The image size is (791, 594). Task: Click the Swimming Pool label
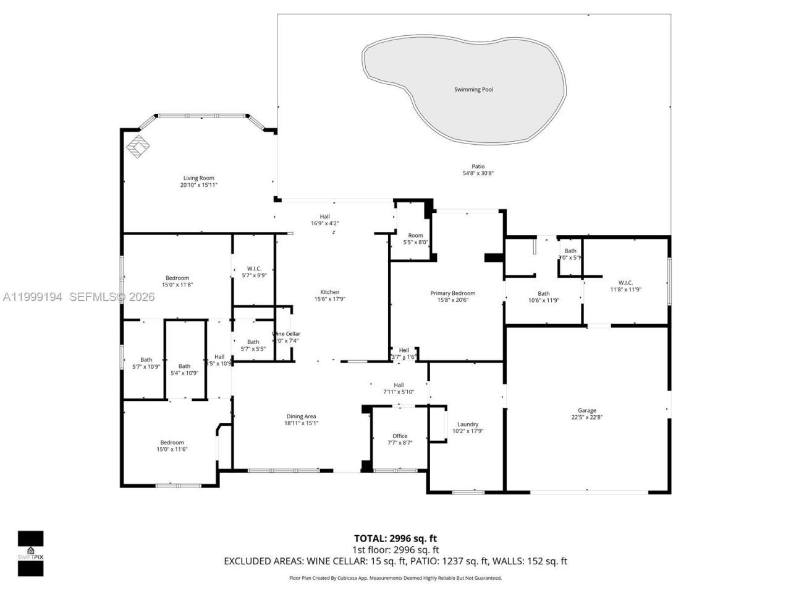click(473, 90)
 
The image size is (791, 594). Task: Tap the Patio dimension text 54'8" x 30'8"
click(478, 174)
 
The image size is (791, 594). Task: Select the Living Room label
click(198, 178)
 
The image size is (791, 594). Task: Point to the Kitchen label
click(329, 292)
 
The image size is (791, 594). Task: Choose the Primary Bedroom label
click(452, 293)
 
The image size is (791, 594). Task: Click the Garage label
click(586, 410)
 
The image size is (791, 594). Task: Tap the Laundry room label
click(467, 424)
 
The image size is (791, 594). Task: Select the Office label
click(400, 436)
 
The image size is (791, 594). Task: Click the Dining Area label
click(301, 416)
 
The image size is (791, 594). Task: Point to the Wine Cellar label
click(286, 334)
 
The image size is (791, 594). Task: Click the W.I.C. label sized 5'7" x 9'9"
click(253, 269)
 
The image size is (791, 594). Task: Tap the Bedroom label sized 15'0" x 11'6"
click(172, 442)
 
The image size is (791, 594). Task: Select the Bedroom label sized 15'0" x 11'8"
click(177, 278)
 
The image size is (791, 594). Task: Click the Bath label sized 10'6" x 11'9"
click(543, 294)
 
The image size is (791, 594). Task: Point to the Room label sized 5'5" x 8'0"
click(415, 235)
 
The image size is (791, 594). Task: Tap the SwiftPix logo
click(30, 553)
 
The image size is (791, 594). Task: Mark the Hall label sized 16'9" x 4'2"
click(324, 217)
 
